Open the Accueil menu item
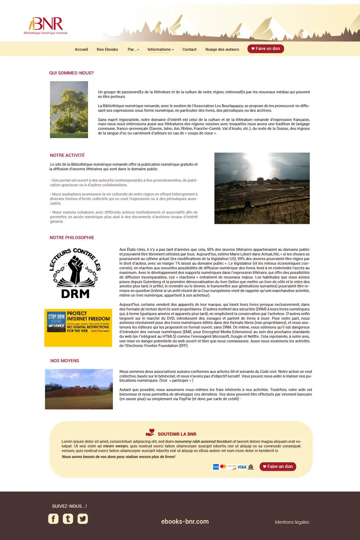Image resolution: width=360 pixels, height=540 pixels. click(x=81, y=50)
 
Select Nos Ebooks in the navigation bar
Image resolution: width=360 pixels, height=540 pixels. click(x=107, y=50)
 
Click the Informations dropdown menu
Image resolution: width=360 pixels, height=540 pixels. click(x=160, y=50)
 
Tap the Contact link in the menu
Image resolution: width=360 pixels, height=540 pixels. click(x=189, y=50)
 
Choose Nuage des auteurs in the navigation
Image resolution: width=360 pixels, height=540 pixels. click(x=222, y=50)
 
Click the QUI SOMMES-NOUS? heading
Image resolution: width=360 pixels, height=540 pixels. click(x=71, y=73)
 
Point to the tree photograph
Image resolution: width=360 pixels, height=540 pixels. click(x=69, y=110)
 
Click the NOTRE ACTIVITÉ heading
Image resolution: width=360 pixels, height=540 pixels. click(x=67, y=155)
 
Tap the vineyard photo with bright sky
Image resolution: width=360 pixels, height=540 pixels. click(x=262, y=188)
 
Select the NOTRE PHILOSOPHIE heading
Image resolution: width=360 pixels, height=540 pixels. click(x=72, y=238)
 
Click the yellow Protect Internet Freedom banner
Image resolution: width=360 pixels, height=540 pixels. click(x=78, y=327)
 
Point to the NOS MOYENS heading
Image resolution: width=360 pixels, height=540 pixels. click(x=65, y=361)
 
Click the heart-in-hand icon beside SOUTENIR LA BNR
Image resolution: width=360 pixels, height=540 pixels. click(x=150, y=432)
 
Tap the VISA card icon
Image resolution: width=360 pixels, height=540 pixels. click(x=242, y=467)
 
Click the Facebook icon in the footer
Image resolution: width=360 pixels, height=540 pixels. click(x=53, y=519)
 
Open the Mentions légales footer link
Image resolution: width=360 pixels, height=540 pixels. click(x=292, y=522)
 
